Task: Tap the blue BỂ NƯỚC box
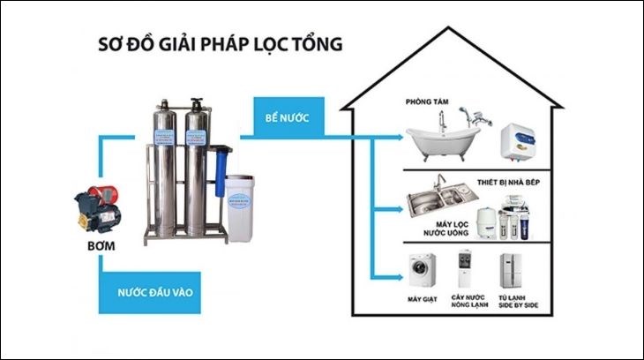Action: [288, 117]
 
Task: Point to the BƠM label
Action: [101, 242]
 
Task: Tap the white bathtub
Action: [442, 139]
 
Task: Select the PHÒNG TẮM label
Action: [428, 102]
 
